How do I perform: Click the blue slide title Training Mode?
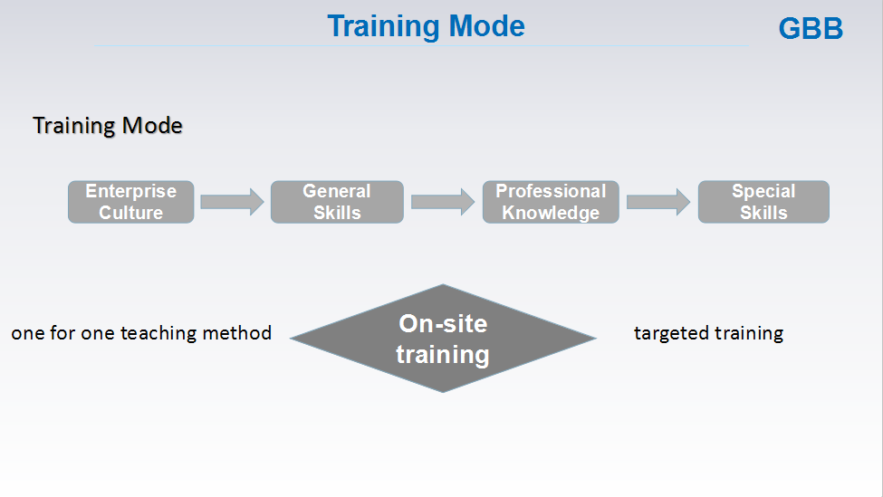point(426,26)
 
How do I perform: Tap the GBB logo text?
point(811,28)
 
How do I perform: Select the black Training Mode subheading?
point(108,126)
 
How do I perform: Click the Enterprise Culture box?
point(131,202)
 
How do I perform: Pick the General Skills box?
point(337,202)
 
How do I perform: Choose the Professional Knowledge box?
point(551,202)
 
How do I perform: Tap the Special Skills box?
point(763,202)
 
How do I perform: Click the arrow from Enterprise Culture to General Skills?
point(232,202)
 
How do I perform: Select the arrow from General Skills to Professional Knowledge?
point(443,202)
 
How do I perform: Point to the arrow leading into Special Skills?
point(658,202)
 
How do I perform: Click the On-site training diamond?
point(443,339)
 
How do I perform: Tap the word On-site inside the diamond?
point(443,324)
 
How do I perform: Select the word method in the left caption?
point(237,332)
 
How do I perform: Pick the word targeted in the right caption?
point(668,333)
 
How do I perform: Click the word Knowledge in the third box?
point(551,214)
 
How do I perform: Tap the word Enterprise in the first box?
point(131,191)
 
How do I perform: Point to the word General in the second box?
point(337,191)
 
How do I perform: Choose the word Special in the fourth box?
point(763,191)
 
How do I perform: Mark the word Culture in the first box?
point(131,213)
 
